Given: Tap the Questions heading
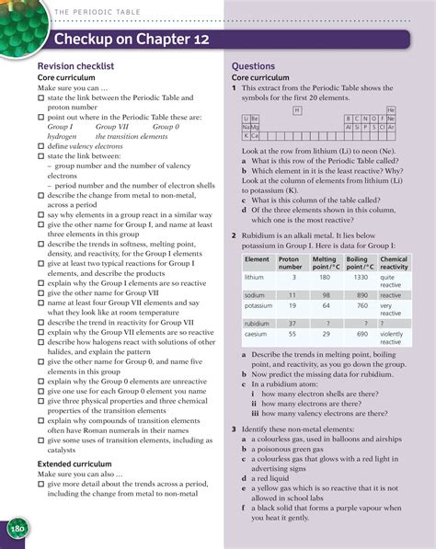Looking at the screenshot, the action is tap(253, 67).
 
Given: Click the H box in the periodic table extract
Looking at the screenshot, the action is tap(296, 109).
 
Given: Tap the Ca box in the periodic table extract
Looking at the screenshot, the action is tap(255, 135).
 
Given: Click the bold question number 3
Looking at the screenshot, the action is tap(235, 429).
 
